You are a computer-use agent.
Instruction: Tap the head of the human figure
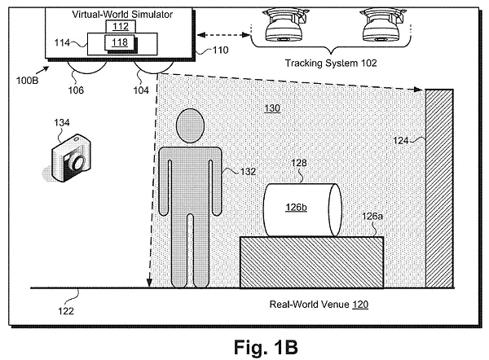pyautogui.click(x=190, y=126)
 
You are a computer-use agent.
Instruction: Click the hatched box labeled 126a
pyautogui.click(x=311, y=261)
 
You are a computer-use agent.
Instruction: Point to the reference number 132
pyautogui.click(x=248, y=173)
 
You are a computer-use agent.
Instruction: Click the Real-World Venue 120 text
pyautogui.click(x=319, y=304)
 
